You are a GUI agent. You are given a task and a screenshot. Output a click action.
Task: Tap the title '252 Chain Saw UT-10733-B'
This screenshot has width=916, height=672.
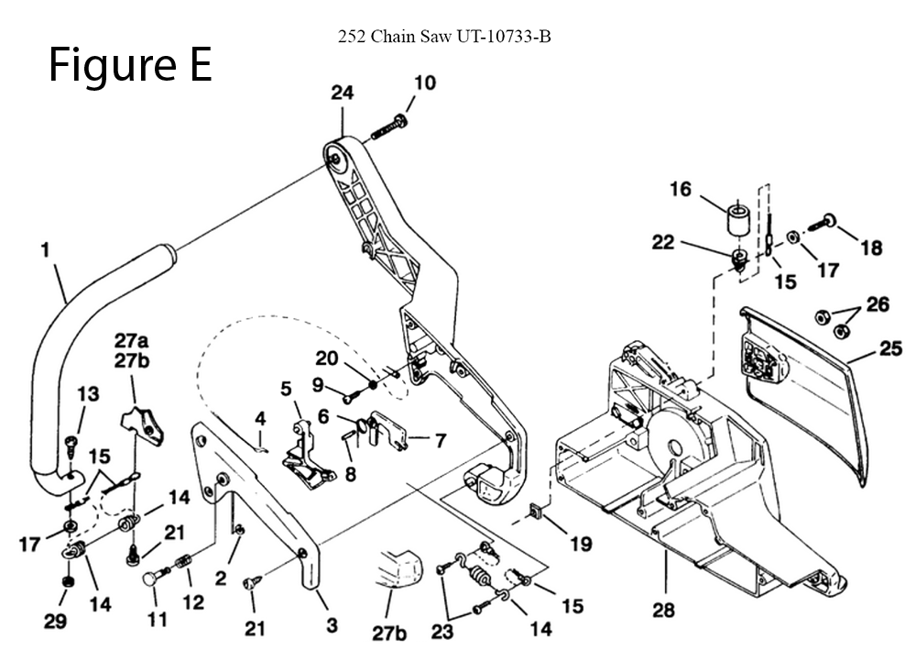coord(444,38)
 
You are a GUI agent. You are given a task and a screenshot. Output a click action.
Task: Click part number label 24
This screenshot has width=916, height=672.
coord(342,93)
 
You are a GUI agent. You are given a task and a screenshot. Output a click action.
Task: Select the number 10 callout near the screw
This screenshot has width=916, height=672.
coord(424,83)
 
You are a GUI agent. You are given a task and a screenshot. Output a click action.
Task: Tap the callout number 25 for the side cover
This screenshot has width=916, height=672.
coord(890,348)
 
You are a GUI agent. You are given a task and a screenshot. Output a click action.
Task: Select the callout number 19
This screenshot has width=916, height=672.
coord(581,544)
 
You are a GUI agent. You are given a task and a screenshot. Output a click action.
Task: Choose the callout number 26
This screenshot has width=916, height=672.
coord(877,304)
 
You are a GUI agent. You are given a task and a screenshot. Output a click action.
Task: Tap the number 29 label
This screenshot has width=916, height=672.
coord(55,622)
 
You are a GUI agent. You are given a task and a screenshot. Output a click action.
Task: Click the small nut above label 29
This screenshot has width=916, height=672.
coord(65,584)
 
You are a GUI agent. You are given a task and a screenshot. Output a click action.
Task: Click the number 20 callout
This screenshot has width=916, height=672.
coord(327,358)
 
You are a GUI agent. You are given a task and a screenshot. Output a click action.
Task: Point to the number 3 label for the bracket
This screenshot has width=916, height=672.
coord(332,626)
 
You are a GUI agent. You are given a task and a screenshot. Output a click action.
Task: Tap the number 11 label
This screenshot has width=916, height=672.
coord(158,621)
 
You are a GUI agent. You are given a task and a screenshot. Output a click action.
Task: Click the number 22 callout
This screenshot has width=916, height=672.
coord(663,243)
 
